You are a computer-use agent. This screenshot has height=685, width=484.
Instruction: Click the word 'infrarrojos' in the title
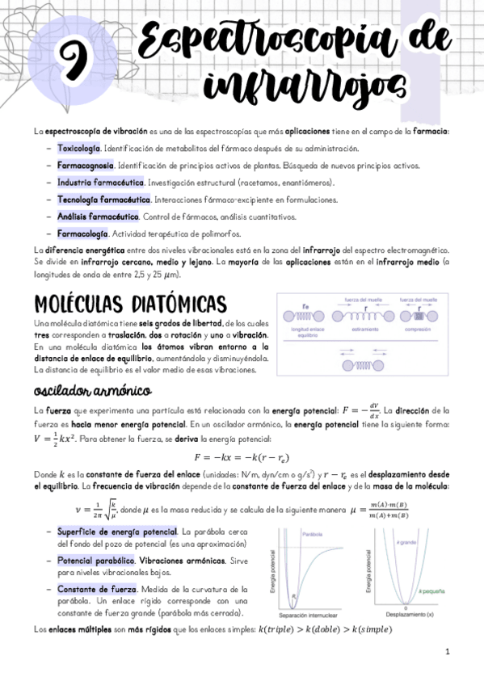click(x=303, y=83)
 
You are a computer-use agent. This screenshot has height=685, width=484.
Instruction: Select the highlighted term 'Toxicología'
click(x=79, y=149)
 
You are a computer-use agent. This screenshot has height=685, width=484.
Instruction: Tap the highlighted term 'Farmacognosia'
click(x=85, y=166)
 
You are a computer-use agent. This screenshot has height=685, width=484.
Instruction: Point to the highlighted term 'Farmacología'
click(x=82, y=233)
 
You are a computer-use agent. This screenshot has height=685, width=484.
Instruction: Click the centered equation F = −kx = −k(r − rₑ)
click(x=242, y=456)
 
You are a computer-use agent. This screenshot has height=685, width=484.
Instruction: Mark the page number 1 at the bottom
click(x=446, y=652)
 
